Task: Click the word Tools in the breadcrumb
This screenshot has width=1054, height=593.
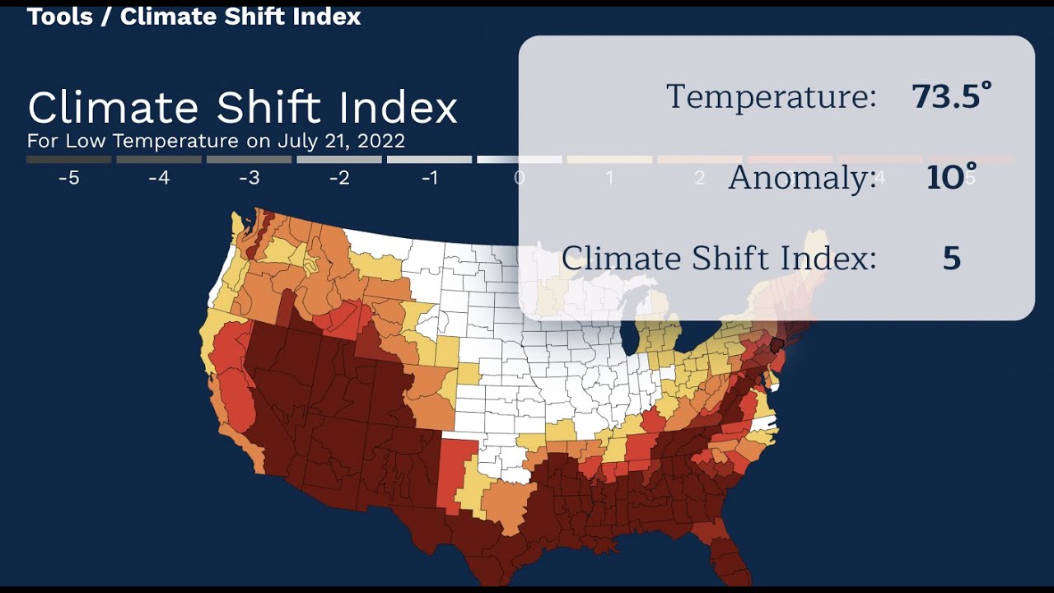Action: tap(59, 16)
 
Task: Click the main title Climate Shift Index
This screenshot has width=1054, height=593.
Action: tap(242, 108)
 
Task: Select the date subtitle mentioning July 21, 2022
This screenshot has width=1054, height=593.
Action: tap(216, 141)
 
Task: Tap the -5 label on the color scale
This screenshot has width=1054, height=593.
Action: tap(69, 178)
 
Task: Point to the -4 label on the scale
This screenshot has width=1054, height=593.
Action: tap(159, 178)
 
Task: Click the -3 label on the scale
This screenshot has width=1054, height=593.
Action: tap(250, 178)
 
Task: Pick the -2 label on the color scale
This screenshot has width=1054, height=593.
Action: tap(339, 178)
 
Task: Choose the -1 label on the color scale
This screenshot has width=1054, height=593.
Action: tap(430, 178)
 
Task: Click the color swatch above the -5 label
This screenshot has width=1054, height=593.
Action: tap(69, 160)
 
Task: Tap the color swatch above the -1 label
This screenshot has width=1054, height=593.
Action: tap(430, 160)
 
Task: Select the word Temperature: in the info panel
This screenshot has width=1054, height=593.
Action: tap(771, 97)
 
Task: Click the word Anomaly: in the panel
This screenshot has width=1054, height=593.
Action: tap(802, 178)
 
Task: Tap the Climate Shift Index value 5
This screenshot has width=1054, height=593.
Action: tap(952, 259)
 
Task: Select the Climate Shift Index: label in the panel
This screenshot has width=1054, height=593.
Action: tap(719, 259)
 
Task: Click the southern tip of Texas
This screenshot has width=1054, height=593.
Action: tap(484, 572)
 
